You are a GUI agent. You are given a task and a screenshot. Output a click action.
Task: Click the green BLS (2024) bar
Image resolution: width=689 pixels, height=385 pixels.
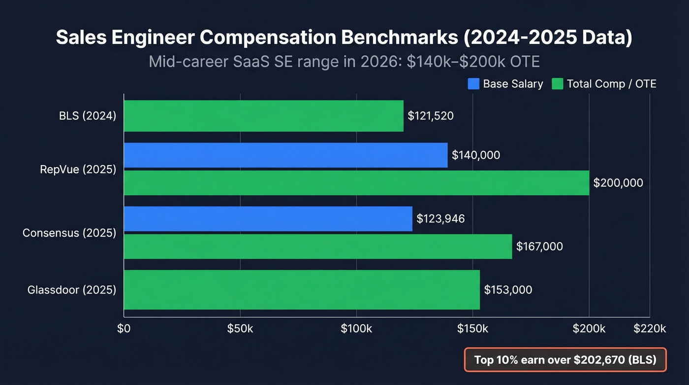[x=263, y=116]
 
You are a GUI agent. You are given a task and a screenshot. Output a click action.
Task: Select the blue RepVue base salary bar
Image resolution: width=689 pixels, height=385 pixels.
[x=285, y=155]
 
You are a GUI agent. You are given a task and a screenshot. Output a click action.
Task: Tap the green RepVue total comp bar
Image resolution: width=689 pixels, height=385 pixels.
[x=356, y=183]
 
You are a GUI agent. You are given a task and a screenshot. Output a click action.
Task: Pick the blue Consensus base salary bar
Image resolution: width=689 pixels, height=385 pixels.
[x=268, y=218]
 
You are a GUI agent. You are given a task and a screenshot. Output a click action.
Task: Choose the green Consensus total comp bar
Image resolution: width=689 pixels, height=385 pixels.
[x=317, y=246]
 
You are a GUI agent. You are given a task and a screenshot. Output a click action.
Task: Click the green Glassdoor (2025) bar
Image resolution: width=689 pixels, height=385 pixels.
[x=301, y=290]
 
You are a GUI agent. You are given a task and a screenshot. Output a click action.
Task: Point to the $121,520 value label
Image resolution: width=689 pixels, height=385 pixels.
[x=431, y=116]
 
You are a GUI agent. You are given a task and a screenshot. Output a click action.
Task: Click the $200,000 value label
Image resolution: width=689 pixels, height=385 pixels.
[x=618, y=183]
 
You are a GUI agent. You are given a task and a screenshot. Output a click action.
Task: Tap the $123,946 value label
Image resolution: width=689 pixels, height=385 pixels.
[x=440, y=218]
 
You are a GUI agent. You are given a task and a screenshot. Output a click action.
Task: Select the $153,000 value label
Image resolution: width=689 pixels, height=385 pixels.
[x=508, y=290]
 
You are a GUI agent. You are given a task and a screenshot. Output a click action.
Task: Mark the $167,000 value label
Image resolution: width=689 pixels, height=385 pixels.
[x=539, y=246]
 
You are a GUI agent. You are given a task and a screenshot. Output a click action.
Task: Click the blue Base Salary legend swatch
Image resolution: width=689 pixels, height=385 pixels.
[x=473, y=84]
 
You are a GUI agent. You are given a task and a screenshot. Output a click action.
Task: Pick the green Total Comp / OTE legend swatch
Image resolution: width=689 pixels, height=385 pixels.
[x=558, y=84]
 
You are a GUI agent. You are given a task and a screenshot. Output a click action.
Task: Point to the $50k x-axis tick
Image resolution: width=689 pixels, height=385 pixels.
[x=240, y=329]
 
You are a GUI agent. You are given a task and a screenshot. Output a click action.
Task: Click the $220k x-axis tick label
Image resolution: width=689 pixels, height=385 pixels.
[x=650, y=329]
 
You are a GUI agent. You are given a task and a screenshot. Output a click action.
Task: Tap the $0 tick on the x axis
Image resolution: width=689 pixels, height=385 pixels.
[x=124, y=329]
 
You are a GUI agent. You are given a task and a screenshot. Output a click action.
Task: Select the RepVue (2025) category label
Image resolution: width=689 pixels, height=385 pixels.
[x=78, y=170]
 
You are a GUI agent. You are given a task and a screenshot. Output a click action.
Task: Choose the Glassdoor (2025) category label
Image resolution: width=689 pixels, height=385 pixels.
[x=72, y=290]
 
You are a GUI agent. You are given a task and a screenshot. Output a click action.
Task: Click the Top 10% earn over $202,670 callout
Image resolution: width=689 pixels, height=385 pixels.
[x=565, y=360]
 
